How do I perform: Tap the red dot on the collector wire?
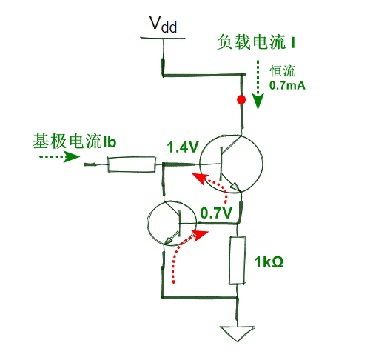pos(241,99)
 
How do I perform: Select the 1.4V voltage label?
pos(183,147)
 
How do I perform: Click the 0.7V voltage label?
pos(217,213)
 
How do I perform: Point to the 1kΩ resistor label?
pos(269,262)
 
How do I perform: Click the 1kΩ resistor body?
pos(238,259)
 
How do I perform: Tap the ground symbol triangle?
pos(238,333)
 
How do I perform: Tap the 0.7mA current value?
pos(287,86)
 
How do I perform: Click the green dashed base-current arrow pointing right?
pos(59,157)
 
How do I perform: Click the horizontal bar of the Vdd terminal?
pos(162,37)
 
